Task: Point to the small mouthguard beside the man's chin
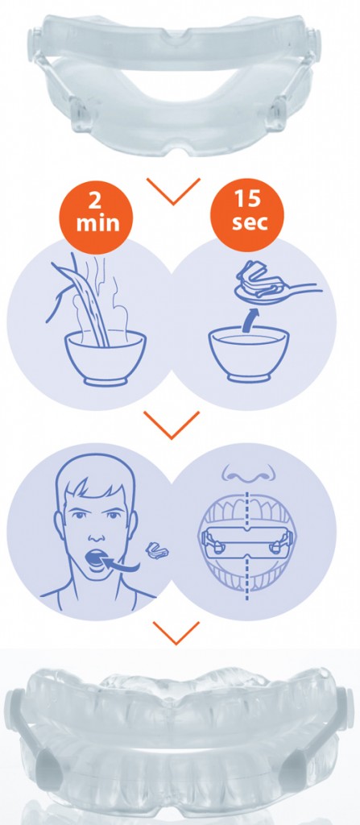[157, 550]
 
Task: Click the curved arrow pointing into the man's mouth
[121, 565]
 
